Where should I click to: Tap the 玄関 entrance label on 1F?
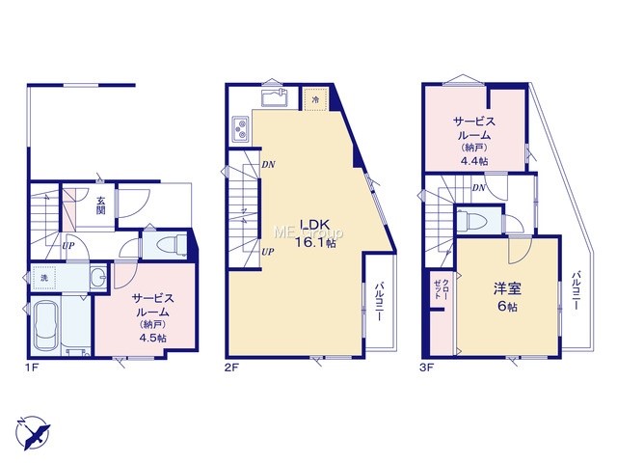tap(100, 204)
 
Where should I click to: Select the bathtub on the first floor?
tap(47, 325)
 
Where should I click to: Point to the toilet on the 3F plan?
tap(473, 221)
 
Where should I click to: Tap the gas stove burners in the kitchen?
tap(240, 129)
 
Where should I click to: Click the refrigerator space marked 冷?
tap(315, 99)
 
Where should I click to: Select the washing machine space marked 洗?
tap(45, 278)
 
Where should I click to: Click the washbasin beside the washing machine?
tap(98, 278)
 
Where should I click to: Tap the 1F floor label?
tap(33, 368)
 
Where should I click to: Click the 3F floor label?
tap(426, 368)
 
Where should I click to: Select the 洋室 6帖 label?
tap(508, 298)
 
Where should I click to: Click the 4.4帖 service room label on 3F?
tap(474, 161)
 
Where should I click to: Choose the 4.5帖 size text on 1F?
tap(152, 339)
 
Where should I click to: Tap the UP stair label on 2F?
tap(268, 252)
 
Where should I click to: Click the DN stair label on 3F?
tap(479, 188)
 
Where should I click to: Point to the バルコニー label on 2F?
tap(379, 301)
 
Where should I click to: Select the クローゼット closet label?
tap(441, 289)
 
